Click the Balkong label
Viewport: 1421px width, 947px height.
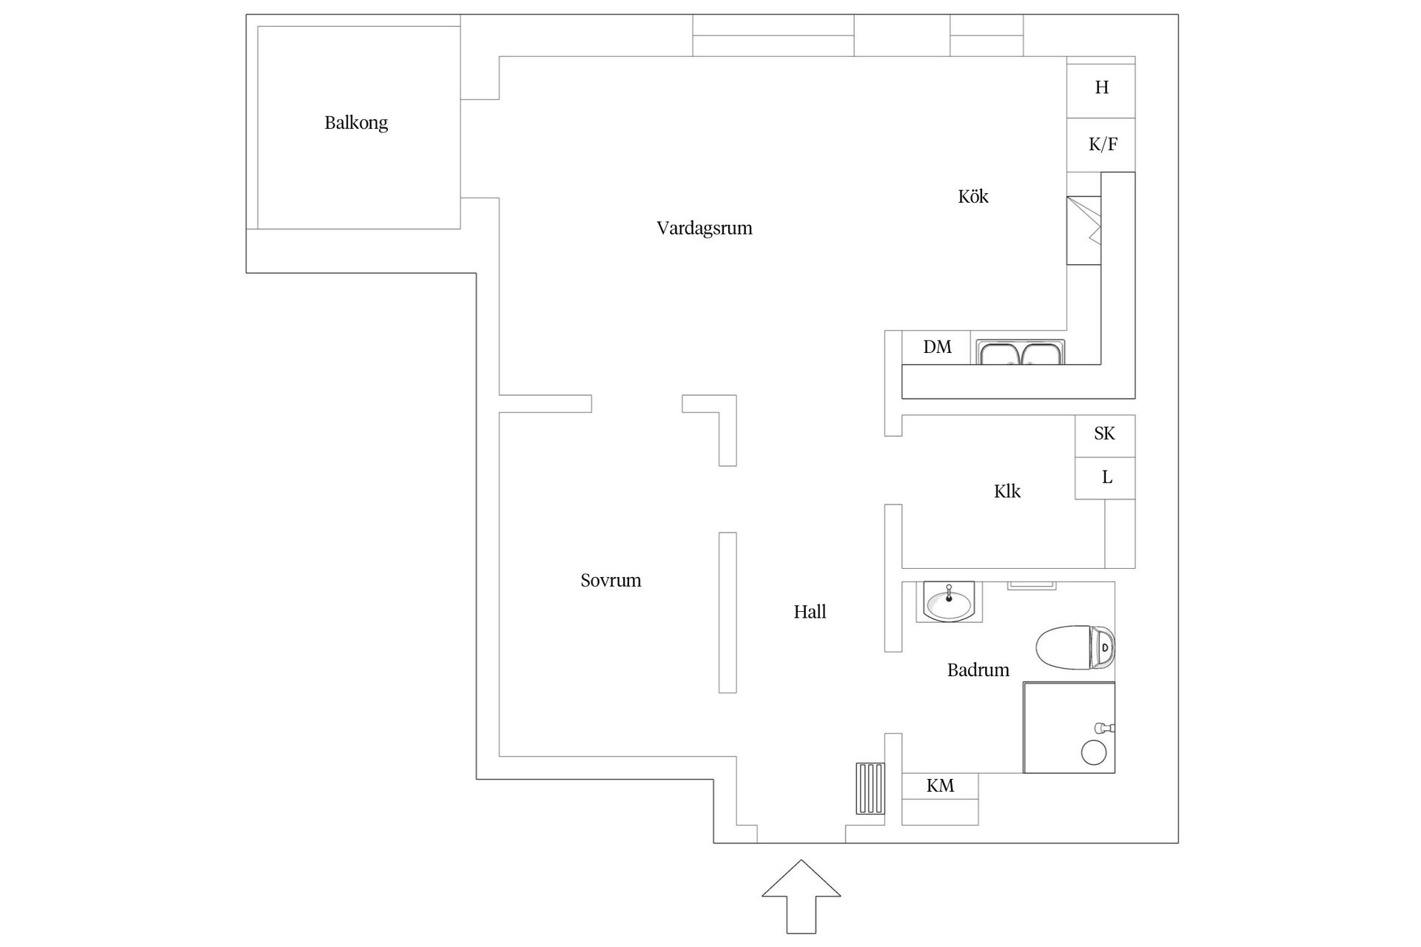(356, 123)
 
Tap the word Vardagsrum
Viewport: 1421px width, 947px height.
(704, 229)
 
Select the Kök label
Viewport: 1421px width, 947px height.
(972, 197)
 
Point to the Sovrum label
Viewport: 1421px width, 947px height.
(611, 581)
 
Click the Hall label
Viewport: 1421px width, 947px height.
(810, 612)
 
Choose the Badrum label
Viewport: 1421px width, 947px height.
(978, 670)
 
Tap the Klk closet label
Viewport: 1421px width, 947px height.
(1007, 492)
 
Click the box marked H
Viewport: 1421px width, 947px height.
(1101, 88)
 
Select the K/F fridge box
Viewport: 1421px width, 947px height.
(1101, 145)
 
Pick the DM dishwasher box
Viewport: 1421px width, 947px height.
(936, 347)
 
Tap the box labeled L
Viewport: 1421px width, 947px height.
(1106, 478)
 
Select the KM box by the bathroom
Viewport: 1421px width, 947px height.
(940, 786)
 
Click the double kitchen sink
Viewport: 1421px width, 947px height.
(1021, 353)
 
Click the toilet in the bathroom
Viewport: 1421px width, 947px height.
(1075, 647)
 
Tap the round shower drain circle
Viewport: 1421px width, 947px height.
(1093, 752)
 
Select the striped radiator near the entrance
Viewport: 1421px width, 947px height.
(870, 789)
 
